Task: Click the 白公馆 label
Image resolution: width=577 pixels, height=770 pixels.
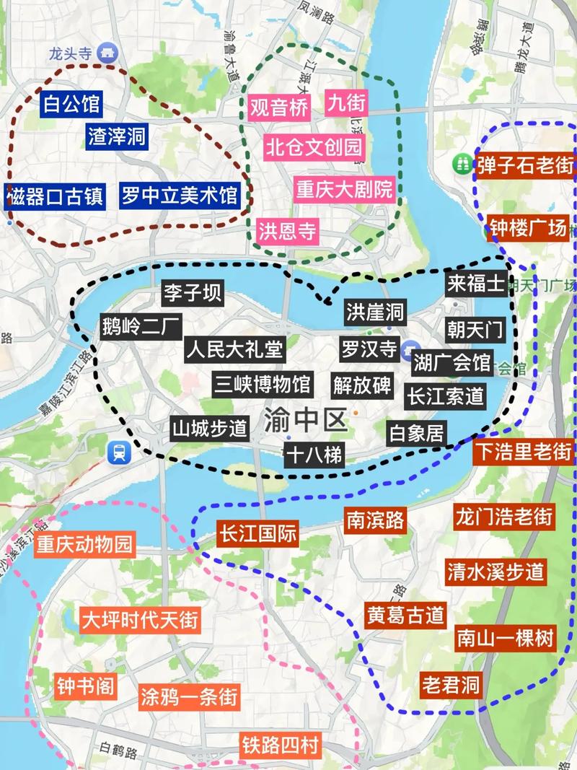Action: [x=71, y=105]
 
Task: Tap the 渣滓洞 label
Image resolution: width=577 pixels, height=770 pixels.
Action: [x=118, y=137]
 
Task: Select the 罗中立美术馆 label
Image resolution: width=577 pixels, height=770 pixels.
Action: [x=178, y=195]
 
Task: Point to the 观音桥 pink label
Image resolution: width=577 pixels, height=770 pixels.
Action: [x=280, y=108]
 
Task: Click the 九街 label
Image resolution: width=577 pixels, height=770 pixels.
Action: [x=346, y=102]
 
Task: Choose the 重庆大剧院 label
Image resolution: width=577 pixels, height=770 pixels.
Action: [x=345, y=190]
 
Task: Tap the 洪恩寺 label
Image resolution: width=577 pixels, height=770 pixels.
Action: [x=288, y=231]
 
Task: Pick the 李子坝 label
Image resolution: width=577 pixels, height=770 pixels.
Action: [x=192, y=293]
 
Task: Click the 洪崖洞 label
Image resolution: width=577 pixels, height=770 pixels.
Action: [x=374, y=312]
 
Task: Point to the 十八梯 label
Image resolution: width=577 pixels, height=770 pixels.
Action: [x=314, y=455]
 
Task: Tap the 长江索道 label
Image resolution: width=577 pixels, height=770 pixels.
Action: [x=445, y=395]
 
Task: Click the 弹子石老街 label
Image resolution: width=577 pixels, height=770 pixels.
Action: [x=524, y=165]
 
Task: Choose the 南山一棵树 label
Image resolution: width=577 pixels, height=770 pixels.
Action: [x=506, y=639]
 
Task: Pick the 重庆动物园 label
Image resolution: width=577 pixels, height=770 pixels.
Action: [x=86, y=543]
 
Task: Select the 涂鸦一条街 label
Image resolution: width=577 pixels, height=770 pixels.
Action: [x=189, y=698]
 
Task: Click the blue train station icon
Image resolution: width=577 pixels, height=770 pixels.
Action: [x=118, y=452]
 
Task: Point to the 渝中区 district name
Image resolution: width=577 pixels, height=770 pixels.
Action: [x=307, y=419]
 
